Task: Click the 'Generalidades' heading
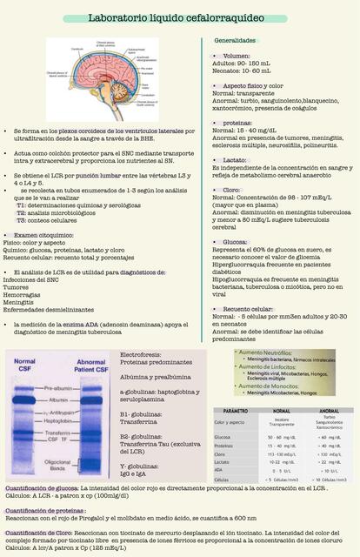pos(235,41)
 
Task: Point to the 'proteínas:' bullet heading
pos(232,124)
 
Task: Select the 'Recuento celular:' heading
pos(248,308)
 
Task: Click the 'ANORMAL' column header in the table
pos(330,410)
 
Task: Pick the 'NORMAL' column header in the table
pos(282,410)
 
